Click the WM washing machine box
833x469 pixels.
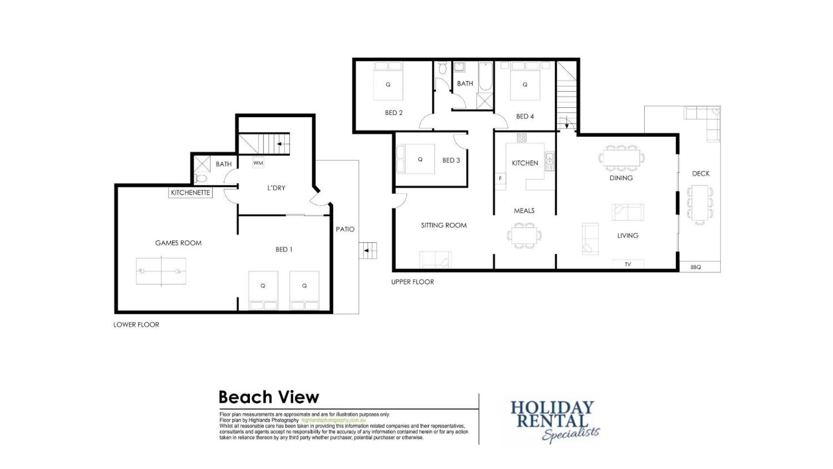(x=258, y=163)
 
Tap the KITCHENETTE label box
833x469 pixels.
(x=190, y=192)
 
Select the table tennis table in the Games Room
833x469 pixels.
(x=161, y=271)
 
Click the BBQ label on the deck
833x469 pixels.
(x=695, y=267)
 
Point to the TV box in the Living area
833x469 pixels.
(x=628, y=264)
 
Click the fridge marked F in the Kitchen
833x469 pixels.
(x=500, y=178)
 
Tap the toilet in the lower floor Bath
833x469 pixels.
(x=200, y=178)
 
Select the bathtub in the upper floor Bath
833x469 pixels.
(x=485, y=77)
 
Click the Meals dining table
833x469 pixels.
(x=524, y=236)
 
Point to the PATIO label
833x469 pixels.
(x=345, y=229)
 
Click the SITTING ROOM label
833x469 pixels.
(x=444, y=225)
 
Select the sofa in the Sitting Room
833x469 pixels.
(x=435, y=259)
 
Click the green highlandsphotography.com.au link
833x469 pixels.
(x=333, y=420)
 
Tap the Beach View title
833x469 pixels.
(x=269, y=397)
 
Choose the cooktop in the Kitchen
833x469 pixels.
(x=522, y=138)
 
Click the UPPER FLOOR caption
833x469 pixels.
(x=412, y=282)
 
